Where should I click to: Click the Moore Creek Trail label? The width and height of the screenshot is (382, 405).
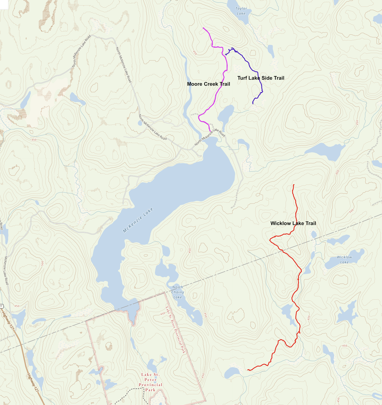(208, 84)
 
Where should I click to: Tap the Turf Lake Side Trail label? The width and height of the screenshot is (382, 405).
(261, 78)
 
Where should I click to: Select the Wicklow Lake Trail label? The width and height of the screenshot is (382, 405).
(293, 223)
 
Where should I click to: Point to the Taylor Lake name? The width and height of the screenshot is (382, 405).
(241, 11)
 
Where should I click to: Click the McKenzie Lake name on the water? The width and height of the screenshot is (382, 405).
(138, 221)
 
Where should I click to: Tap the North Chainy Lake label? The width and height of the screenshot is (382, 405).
(177, 292)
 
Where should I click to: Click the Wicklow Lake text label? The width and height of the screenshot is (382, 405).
(344, 259)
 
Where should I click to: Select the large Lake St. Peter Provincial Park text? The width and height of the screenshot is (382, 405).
(150, 382)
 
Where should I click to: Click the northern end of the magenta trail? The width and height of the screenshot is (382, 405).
(203, 28)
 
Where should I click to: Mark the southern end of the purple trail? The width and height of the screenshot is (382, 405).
(253, 103)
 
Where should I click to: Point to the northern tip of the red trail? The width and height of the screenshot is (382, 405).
(294, 185)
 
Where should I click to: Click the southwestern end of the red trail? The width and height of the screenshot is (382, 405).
(248, 370)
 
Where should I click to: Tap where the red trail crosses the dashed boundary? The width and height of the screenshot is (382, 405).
(282, 250)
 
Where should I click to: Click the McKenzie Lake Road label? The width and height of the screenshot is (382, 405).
(6, 270)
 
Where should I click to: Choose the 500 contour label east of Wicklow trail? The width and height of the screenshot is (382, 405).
(351, 211)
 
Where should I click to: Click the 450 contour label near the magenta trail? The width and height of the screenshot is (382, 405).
(195, 53)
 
